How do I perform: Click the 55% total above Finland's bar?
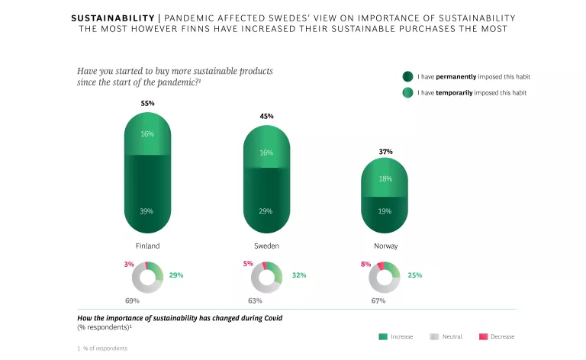pyautogui.click(x=147, y=103)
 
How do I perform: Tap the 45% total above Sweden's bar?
pyautogui.click(x=266, y=116)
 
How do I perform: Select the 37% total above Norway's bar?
pyautogui.click(x=385, y=152)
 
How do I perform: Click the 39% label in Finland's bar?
pyautogui.click(x=147, y=211)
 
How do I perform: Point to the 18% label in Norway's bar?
pyautogui.click(x=385, y=178)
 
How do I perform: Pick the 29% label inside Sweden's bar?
pyautogui.click(x=266, y=211)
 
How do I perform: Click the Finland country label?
pyautogui.click(x=147, y=246)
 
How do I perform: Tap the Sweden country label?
pyautogui.click(x=266, y=246)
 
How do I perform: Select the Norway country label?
pyautogui.click(x=385, y=246)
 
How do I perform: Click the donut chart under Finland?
pyautogui.click(x=148, y=277)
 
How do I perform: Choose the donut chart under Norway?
pyautogui.click(x=385, y=277)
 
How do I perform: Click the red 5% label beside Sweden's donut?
pyautogui.click(x=247, y=264)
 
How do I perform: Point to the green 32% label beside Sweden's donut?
pyautogui.click(x=298, y=275)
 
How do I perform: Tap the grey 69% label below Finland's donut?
pyautogui.click(x=132, y=301)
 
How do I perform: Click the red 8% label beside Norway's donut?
pyautogui.click(x=365, y=264)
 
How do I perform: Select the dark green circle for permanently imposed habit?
pyautogui.click(x=407, y=76)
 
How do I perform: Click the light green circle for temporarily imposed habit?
pyautogui.click(x=407, y=92)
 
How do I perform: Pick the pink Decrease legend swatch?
pyautogui.click(x=483, y=336)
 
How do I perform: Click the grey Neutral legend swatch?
pyautogui.click(x=435, y=336)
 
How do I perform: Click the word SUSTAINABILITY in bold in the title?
pyautogui.click(x=114, y=18)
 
